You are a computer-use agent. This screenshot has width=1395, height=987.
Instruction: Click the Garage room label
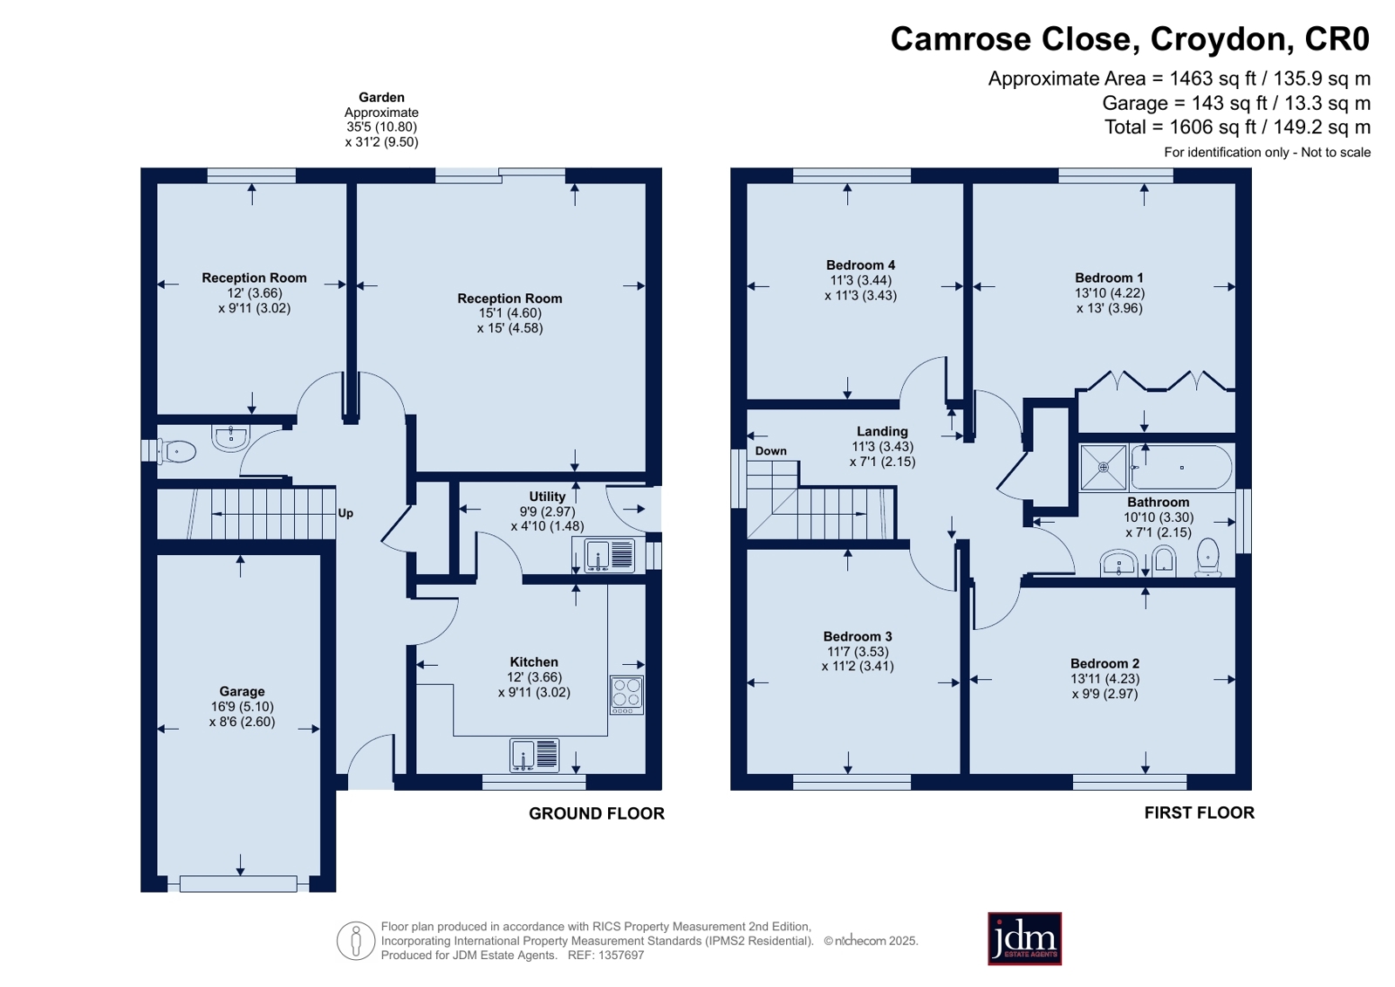point(242,691)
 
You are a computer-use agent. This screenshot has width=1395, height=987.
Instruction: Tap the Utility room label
point(547,497)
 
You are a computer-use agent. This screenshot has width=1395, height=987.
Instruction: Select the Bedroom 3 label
point(858,636)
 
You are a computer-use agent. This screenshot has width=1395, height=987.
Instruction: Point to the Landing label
point(882,431)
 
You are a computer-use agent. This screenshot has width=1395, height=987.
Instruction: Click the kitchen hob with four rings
point(626,695)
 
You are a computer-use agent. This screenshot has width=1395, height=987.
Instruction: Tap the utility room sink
point(610,555)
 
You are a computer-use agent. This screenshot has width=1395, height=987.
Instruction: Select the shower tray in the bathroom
point(1103,468)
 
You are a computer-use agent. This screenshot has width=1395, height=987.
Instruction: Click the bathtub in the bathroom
point(1181,468)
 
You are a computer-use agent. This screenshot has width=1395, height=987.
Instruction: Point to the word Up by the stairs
point(345,513)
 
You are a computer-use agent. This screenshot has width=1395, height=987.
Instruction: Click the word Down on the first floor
point(771,451)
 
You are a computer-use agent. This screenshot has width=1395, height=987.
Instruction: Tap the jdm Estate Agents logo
point(1024,938)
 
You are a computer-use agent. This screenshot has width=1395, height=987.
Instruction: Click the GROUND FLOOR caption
point(597,813)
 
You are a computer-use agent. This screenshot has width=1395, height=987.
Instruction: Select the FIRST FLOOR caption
point(1200,812)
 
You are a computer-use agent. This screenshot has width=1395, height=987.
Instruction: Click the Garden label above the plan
point(381,97)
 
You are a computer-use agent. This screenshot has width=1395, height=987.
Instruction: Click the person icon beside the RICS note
point(356,941)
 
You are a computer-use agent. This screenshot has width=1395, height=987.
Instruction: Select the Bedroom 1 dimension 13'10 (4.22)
point(1109,293)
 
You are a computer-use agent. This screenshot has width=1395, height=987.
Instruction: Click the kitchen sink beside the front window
point(534,755)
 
